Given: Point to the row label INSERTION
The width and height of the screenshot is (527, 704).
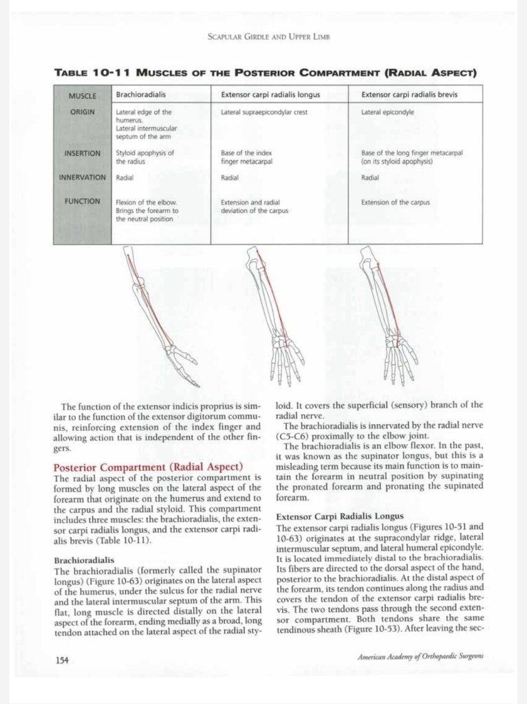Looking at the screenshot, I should click(83, 153).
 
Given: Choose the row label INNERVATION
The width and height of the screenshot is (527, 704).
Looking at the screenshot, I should click(83, 177).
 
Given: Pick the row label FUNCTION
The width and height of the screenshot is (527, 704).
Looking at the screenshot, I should click(83, 202).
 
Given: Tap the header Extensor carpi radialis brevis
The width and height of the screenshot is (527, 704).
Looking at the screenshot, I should click(409, 94).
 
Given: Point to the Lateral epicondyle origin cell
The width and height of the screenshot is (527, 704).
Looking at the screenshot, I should click(387, 111).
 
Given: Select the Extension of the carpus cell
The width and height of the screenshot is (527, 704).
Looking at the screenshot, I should click(395, 203).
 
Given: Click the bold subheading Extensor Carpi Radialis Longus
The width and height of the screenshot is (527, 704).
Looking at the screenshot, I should click(334, 516).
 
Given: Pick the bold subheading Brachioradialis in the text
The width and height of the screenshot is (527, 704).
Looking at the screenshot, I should click(84, 560).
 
